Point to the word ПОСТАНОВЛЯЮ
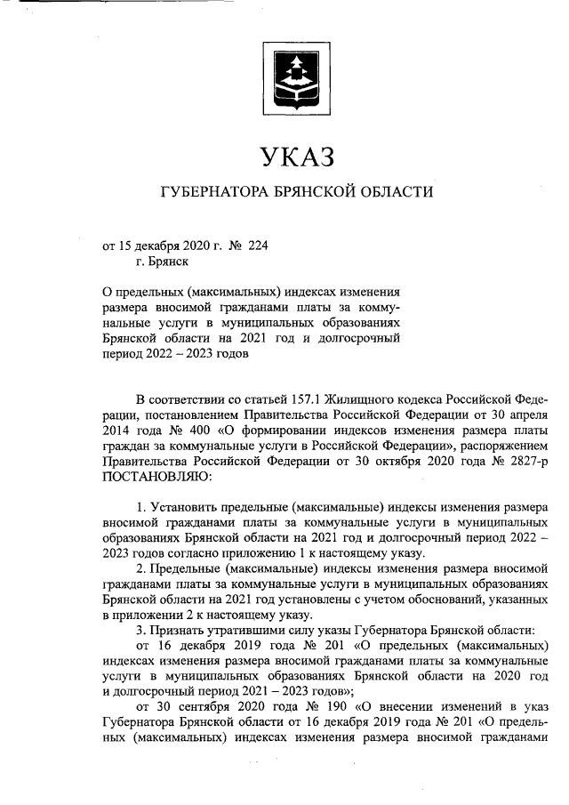click(158, 479)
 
